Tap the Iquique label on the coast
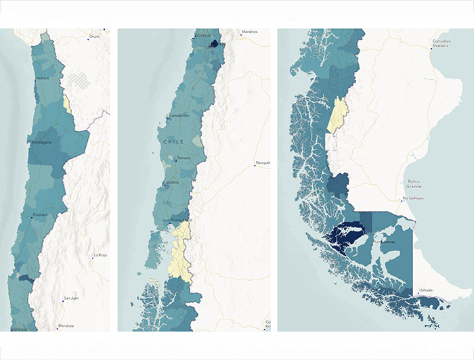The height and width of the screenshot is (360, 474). (42, 78)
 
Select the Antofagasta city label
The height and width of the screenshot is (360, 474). (41, 142)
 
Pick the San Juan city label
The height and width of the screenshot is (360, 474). (70, 298)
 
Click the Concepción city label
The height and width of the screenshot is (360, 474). (179, 116)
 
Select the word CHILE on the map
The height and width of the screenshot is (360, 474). (175, 141)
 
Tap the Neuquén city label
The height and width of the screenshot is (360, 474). (263, 163)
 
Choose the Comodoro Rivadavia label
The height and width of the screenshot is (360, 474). (441, 44)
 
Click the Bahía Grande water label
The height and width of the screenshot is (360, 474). (415, 184)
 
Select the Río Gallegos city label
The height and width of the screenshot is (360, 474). (412, 198)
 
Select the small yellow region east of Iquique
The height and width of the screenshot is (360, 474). (66, 104)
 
